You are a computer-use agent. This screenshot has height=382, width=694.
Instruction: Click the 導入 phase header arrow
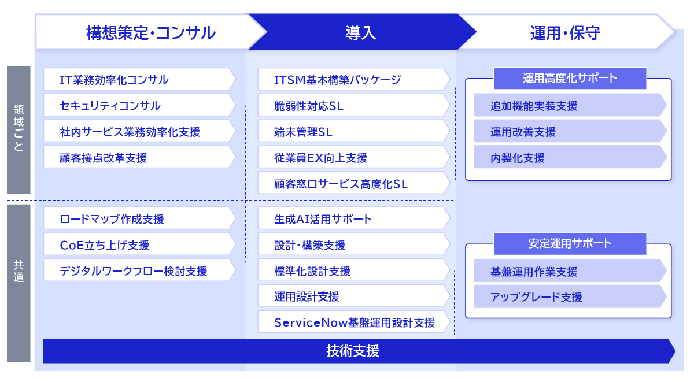click(x=361, y=32)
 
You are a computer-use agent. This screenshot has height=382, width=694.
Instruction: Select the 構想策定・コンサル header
click(x=150, y=32)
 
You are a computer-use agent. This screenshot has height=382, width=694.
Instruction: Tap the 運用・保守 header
click(x=565, y=32)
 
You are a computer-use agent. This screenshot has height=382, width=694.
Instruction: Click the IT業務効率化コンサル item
click(x=139, y=79)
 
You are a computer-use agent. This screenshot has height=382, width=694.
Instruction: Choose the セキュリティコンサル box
click(x=139, y=105)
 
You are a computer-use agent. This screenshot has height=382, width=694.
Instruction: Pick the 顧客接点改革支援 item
click(x=139, y=157)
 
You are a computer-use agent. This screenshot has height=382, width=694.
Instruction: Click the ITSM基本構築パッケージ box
click(x=354, y=79)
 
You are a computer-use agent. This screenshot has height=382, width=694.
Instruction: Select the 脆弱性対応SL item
click(x=354, y=105)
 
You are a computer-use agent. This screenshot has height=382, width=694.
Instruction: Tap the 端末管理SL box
click(x=354, y=131)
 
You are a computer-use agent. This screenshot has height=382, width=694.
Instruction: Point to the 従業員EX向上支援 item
click(x=354, y=157)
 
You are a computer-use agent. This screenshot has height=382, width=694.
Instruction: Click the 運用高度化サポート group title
click(x=570, y=78)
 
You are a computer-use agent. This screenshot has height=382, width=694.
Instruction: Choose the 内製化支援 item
click(x=570, y=157)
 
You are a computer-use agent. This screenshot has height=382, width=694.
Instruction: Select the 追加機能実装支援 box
click(x=570, y=105)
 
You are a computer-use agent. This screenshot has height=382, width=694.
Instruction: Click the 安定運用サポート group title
click(x=570, y=243)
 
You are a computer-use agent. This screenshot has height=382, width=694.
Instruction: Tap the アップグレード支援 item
click(x=570, y=296)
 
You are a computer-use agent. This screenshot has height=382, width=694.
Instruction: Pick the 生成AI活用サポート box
click(x=354, y=218)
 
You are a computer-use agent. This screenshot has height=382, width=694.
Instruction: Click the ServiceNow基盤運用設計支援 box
click(x=354, y=322)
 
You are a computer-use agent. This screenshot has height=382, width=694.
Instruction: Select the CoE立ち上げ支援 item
click(x=139, y=244)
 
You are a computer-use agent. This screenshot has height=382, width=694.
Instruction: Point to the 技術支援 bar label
click(x=353, y=351)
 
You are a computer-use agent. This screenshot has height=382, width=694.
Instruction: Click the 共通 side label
click(x=19, y=271)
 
